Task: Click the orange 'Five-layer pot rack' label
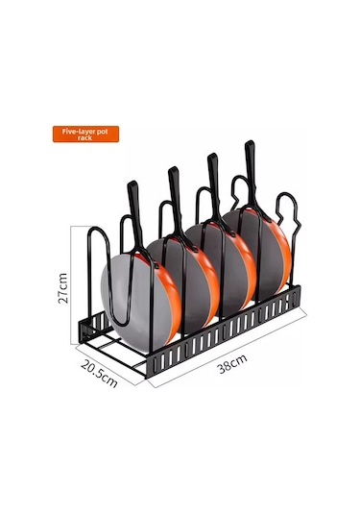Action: point(85,135)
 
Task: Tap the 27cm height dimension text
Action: point(63,288)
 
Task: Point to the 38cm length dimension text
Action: point(232,363)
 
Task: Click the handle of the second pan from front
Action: point(176,200)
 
